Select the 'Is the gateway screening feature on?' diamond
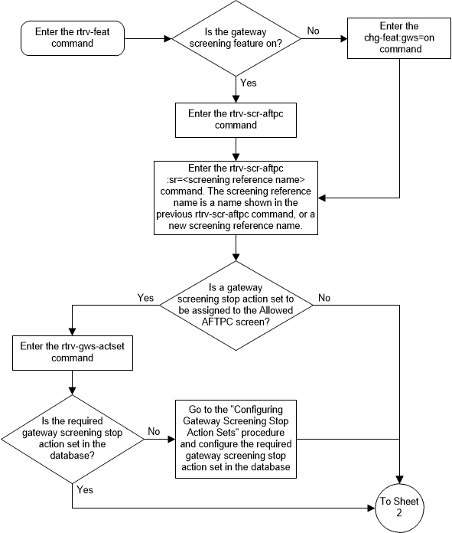pyautogui.click(x=236, y=37)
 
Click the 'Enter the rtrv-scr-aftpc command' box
pyautogui.click(x=236, y=119)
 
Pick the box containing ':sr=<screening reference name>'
pyautogui.click(x=236, y=197)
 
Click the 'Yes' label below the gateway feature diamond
pyautogui.click(x=248, y=81)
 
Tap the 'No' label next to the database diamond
pyautogui.click(x=153, y=430)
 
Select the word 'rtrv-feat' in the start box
pyautogui.click(x=83, y=31)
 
